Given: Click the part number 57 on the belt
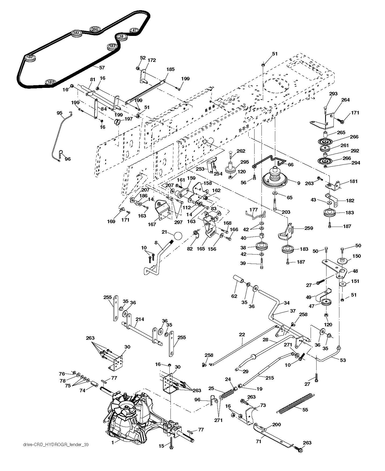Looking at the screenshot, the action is pos(102,68).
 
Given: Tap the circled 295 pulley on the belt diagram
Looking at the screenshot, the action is pos(95,29).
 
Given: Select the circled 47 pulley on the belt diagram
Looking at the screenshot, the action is pos(134,30).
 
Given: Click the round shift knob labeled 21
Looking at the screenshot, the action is pos(177,236).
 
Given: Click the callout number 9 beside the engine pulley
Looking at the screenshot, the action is pos(299,183).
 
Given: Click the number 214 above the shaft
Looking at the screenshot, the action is pos(140,319).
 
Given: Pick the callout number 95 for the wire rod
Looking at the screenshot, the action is pos(60,113).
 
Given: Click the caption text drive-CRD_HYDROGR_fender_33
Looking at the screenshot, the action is pos(56,445).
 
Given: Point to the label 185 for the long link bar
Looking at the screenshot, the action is pos(170,69).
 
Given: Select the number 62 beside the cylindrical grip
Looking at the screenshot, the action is pos(234,296).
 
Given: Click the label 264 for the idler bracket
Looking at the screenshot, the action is pos(345,100).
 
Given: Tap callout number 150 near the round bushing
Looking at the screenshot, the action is pos(357,256).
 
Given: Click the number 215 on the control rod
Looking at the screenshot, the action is pos(270,378).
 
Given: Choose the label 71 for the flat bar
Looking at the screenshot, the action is pos(258,441).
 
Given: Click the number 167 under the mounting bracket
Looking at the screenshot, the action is pos(152,224).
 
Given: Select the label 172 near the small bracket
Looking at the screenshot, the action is pos(152,60).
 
